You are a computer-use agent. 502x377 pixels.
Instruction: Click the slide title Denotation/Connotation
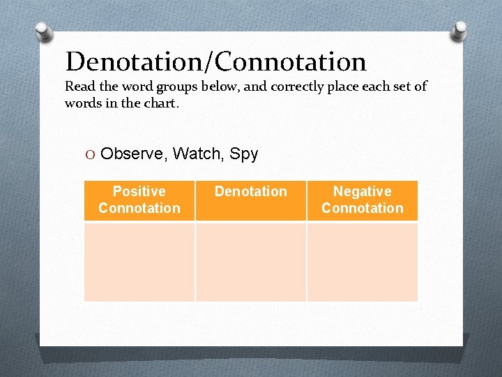[x=215, y=62]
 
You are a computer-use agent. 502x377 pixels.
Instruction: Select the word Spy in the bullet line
[x=244, y=154]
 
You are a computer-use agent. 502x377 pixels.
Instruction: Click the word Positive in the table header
[x=139, y=191]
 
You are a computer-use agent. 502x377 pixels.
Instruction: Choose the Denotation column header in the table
[x=251, y=191]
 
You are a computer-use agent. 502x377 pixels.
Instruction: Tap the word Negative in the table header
[x=363, y=191]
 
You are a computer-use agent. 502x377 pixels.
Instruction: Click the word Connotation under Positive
[x=139, y=208]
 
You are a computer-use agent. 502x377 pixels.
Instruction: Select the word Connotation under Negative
[x=363, y=208]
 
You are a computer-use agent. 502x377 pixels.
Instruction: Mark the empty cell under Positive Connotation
[x=139, y=262]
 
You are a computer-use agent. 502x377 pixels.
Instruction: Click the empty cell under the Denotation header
[x=251, y=262]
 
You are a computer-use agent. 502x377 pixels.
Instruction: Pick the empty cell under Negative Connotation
[x=363, y=262]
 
